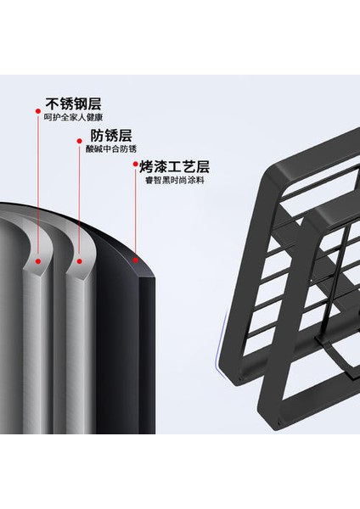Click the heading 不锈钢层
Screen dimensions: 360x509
click(x=73, y=103)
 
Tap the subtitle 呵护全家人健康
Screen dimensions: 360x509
click(x=73, y=118)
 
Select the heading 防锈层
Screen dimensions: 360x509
click(x=111, y=136)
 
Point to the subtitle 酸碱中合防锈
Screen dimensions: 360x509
click(x=111, y=149)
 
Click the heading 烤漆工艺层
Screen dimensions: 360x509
click(x=174, y=166)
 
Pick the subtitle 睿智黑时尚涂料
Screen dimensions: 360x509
click(x=174, y=180)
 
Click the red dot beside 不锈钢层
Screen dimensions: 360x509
click(x=37, y=111)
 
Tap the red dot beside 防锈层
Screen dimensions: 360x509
click(x=79, y=141)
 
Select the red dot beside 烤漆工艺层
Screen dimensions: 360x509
click(x=136, y=165)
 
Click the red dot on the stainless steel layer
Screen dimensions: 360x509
click(x=38, y=261)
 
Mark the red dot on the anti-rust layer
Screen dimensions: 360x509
click(x=80, y=261)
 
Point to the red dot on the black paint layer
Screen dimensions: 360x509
click(x=136, y=260)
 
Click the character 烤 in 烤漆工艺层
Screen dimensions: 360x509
click(x=147, y=166)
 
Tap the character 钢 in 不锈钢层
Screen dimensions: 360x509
click(x=81, y=103)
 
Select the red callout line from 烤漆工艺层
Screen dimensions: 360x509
click(x=136, y=212)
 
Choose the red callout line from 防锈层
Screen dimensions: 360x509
click(x=79, y=200)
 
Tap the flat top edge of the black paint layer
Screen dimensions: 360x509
click(x=147, y=277)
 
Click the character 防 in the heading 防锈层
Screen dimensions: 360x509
click(x=97, y=136)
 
